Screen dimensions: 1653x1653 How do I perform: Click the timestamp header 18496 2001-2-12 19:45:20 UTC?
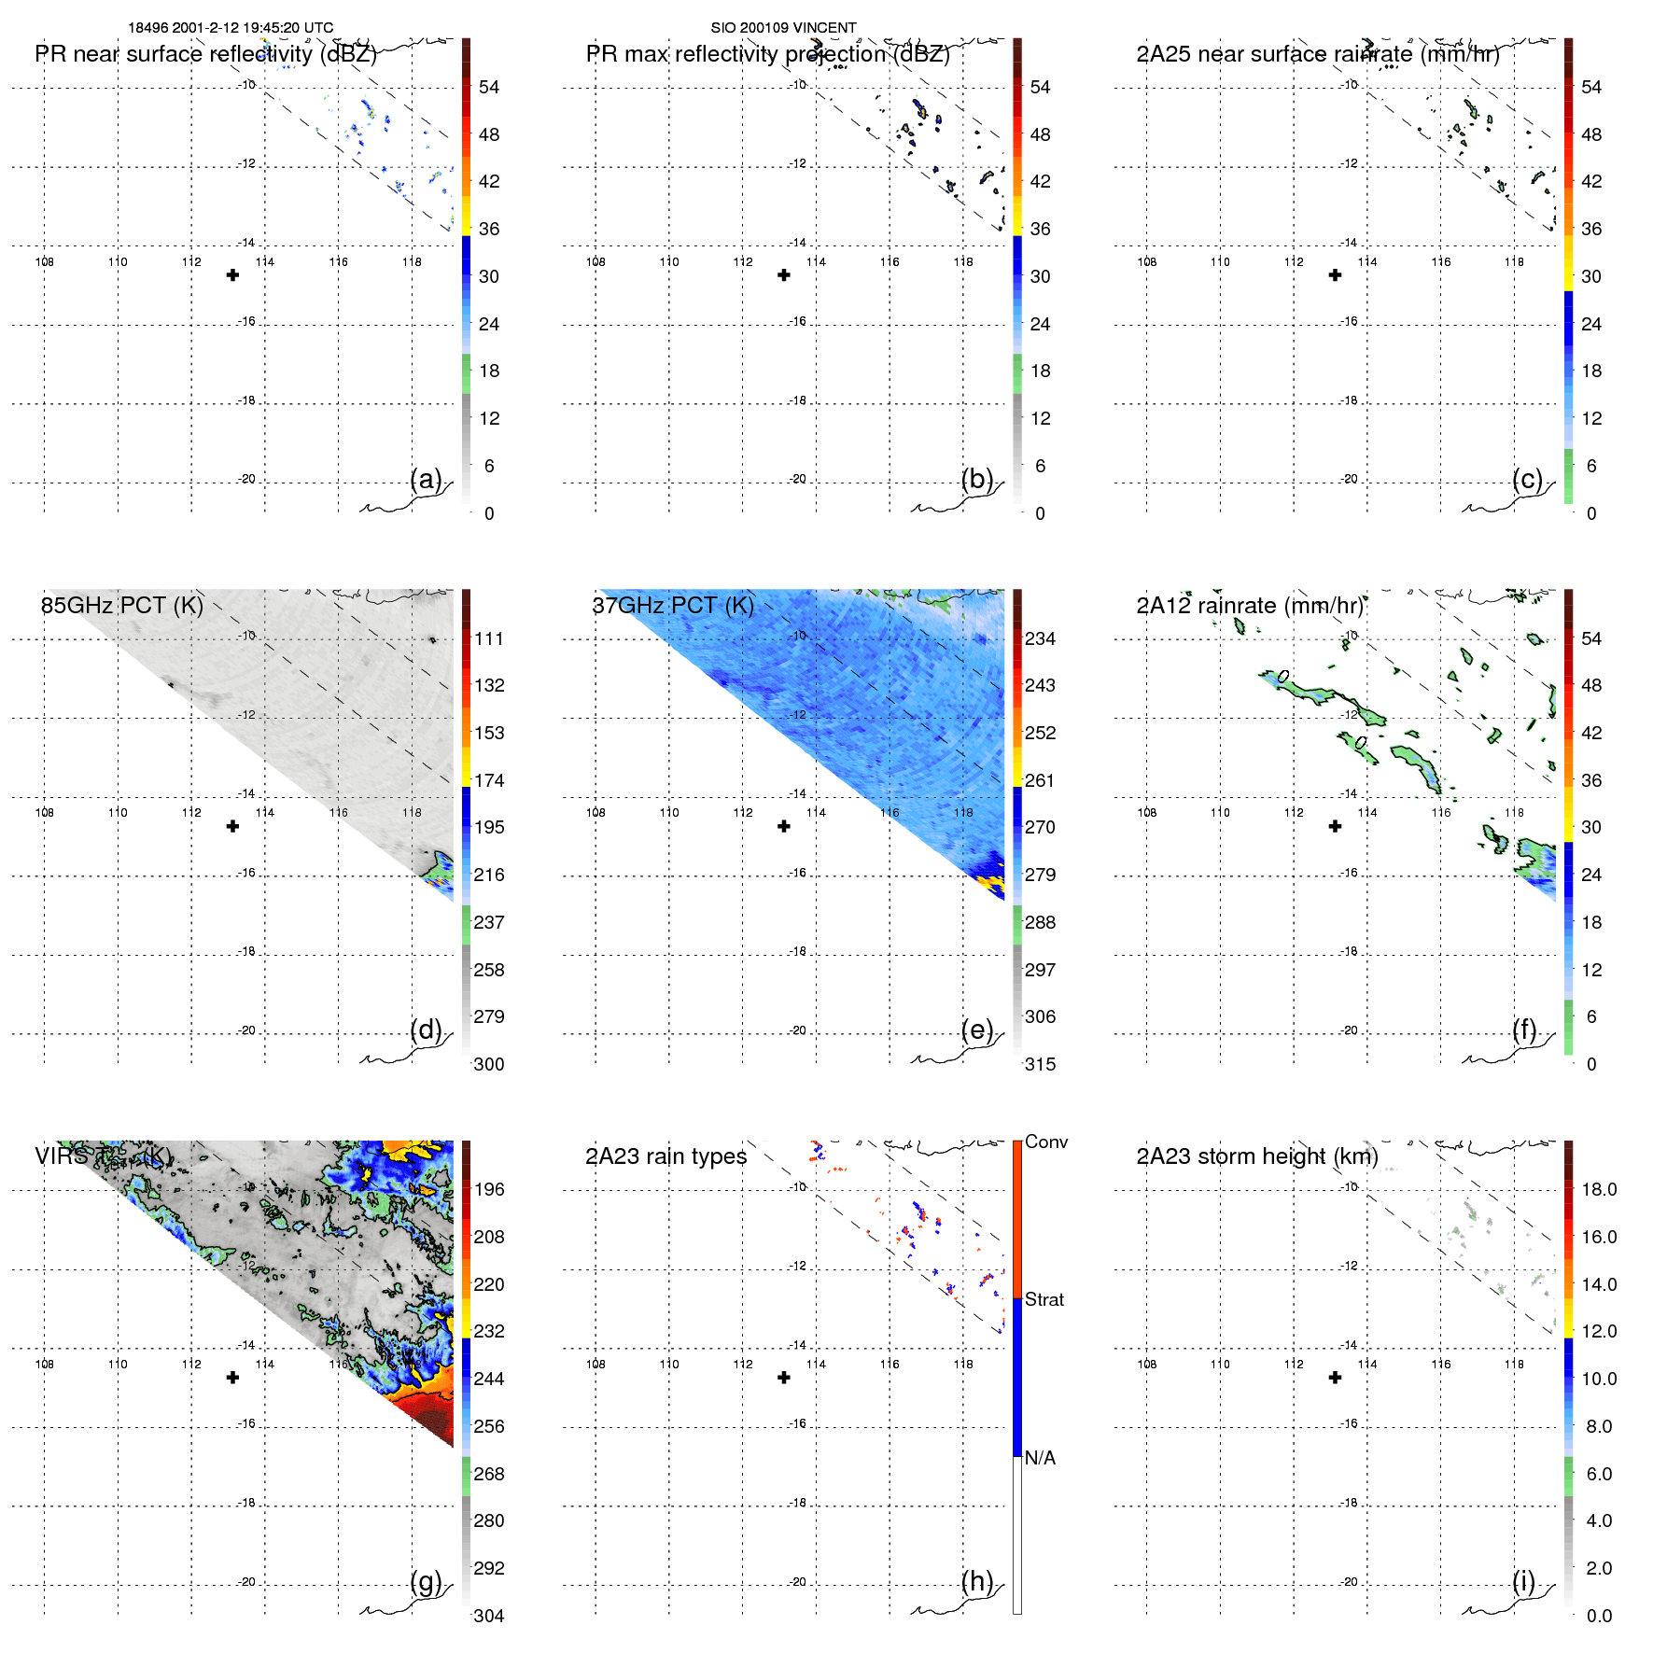(x=231, y=28)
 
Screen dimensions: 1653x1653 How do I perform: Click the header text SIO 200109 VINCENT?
(x=783, y=28)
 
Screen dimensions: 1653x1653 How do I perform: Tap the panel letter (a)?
(x=426, y=479)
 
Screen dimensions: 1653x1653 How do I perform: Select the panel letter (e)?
(x=977, y=1030)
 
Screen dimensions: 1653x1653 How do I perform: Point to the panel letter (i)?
(x=1523, y=1581)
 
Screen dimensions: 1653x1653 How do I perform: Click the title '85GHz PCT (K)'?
(x=121, y=605)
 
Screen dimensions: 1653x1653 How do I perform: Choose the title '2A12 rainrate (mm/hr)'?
(x=1250, y=605)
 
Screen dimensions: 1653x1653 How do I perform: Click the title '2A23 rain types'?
(x=665, y=1156)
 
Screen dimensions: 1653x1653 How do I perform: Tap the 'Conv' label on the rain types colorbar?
(x=1046, y=1142)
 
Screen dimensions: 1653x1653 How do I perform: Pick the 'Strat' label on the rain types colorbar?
(x=1044, y=1299)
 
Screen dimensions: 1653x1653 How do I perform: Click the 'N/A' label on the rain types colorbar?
(x=1040, y=1458)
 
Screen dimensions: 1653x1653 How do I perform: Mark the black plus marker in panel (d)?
(x=233, y=826)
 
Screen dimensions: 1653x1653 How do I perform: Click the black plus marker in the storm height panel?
(x=1336, y=1378)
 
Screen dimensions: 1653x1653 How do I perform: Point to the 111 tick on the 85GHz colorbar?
(x=489, y=638)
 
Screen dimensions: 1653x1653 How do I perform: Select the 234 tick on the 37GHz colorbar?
(x=1040, y=638)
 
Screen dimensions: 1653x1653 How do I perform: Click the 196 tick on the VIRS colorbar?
(x=489, y=1189)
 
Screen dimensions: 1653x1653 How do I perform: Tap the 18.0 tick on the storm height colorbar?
(x=1599, y=1189)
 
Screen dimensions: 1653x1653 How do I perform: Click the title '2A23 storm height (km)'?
(x=1257, y=1156)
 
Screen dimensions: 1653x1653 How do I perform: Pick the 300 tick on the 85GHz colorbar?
(x=489, y=1064)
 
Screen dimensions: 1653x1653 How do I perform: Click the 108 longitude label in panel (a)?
(x=44, y=261)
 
